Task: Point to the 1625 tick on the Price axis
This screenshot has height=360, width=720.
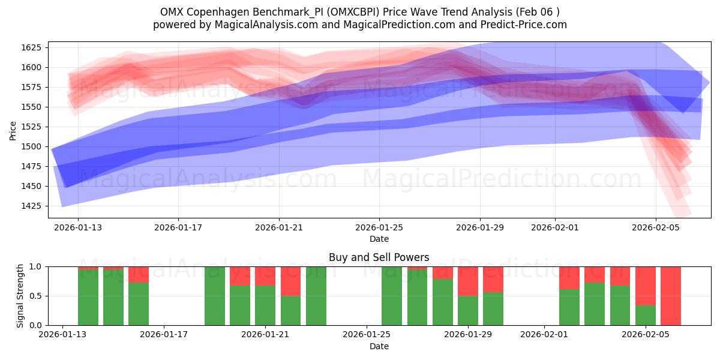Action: pos(32,47)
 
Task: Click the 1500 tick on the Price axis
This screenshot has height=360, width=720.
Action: pos(32,146)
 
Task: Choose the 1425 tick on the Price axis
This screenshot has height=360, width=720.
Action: pos(32,206)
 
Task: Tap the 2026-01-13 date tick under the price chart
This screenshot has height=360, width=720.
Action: pos(78,227)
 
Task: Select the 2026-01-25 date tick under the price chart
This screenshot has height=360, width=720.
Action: pos(379,227)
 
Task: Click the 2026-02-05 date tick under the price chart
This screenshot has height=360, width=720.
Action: pos(655,227)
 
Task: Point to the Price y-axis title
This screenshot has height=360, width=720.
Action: pos(13,130)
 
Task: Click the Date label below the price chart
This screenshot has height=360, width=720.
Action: pos(379,239)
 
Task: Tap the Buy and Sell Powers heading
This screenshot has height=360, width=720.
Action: pos(379,257)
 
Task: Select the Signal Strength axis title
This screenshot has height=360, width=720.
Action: pos(20,296)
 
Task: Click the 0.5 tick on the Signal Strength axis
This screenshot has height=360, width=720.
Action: pos(35,296)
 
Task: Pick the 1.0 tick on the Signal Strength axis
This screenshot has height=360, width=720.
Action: pos(35,266)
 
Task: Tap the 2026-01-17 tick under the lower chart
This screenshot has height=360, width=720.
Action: pos(164,335)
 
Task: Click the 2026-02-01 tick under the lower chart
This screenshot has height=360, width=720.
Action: pos(544,335)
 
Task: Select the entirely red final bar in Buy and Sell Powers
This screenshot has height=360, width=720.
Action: pos(671,296)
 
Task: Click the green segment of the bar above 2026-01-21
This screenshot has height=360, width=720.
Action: pos(265,305)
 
